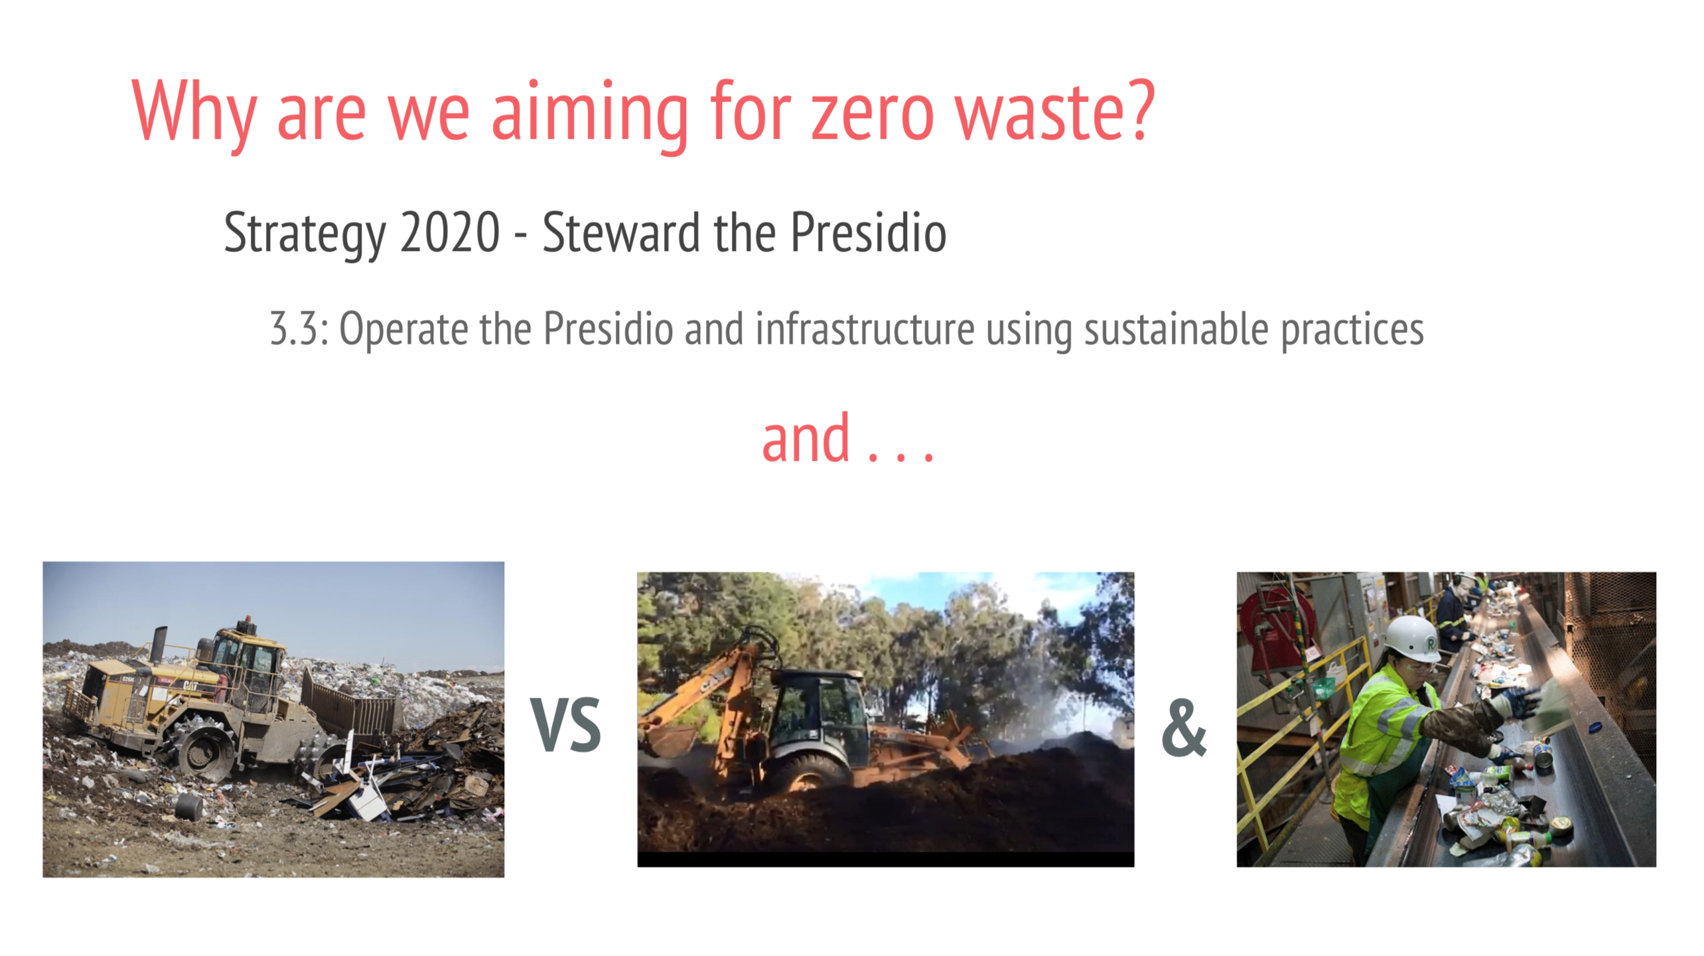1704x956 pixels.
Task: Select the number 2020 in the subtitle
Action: point(450,232)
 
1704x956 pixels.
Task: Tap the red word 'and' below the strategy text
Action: point(806,438)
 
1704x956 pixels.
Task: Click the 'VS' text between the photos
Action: point(566,726)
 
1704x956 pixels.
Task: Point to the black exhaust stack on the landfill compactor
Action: point(159,644)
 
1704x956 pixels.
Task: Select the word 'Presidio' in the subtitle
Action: point(869,232)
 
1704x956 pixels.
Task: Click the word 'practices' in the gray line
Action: point(1352,329)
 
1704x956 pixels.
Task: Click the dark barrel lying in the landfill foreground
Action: point(188,805)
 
